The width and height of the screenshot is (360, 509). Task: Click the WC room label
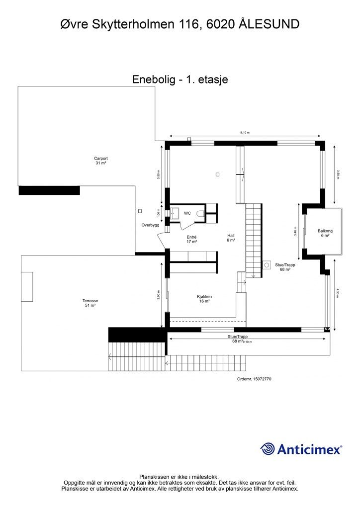[x=187, y=213]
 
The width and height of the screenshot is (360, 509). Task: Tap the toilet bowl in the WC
[x=200, y=213]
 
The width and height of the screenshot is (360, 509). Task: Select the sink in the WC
[x=174, y=213]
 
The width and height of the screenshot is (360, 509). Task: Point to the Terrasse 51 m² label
[x=90, y=303]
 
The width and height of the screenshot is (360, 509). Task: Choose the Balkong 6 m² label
[x=325, y=233]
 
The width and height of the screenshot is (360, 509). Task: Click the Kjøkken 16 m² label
[x=204, y=299]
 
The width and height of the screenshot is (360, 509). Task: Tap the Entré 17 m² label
[x=192, y=240]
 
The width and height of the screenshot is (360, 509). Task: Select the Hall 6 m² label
[x=231, y=238]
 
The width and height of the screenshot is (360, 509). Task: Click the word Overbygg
[x=150, y=225]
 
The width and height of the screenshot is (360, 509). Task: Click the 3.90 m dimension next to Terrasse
[x=159, y=295]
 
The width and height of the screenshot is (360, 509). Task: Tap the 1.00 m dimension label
[x=159, y=213]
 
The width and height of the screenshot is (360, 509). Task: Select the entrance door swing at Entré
[x=163, y=240]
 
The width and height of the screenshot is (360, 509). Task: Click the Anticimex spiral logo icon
[x=268, y=449]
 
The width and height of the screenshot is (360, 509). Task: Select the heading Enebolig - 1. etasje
[x=180, y=79]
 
